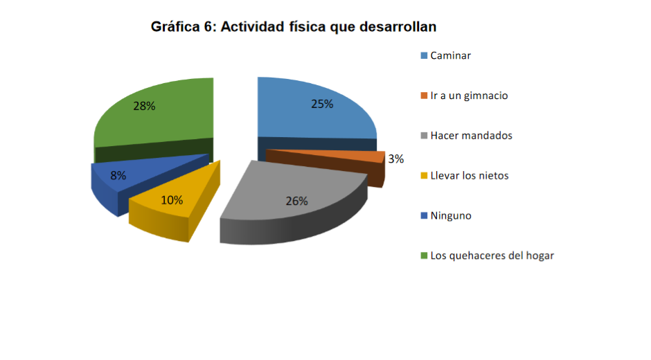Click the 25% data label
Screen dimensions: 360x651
point(322,104)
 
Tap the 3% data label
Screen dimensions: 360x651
point(395,159)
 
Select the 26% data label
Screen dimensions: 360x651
point(296,201)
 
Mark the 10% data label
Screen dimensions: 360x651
point(172,200)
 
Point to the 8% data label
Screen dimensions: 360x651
point(118,176)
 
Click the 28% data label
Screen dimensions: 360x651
point(144,106)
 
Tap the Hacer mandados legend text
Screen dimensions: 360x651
point(471,136)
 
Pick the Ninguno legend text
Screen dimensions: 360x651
point(450,215)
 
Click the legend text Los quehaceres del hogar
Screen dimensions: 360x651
point(492,255)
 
